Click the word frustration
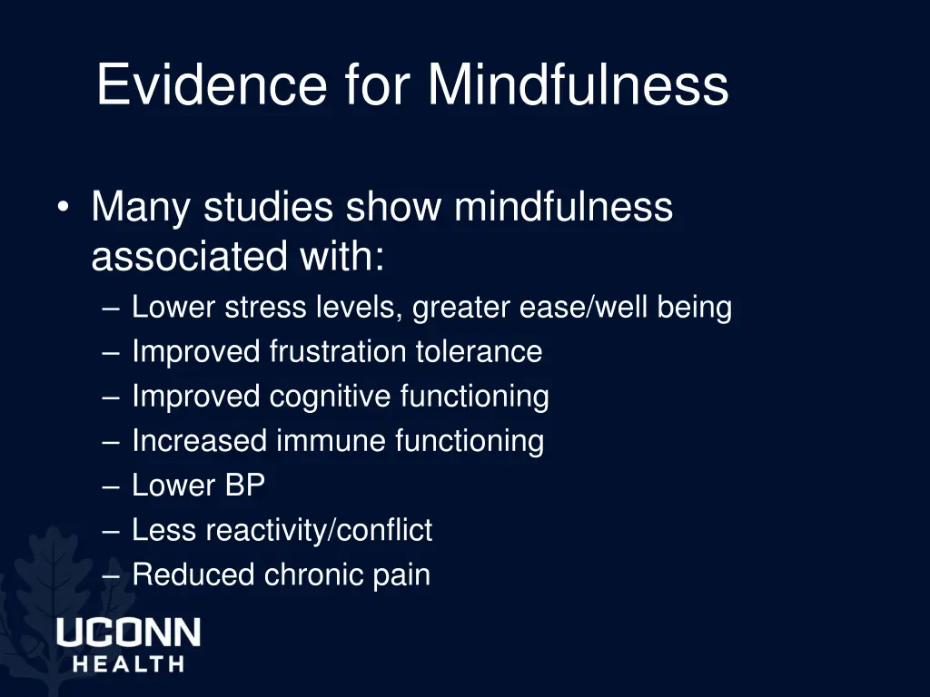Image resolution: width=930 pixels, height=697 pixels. (x=339, y=351)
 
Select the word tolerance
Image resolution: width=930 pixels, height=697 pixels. (x=479, y=351)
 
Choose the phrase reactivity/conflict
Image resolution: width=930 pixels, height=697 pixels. (x=319, y=530)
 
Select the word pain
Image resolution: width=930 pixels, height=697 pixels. (x=403, y=575)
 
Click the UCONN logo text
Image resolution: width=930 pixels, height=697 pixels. (x=128, y=633)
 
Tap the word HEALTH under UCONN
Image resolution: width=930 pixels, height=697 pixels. (x=128, y=664)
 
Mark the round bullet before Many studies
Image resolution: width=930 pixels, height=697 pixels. (x=62, y=209)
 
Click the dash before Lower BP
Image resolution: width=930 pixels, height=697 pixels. (x=112, y=486)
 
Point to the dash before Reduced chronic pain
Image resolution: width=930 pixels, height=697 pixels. (x=112, y=575)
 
